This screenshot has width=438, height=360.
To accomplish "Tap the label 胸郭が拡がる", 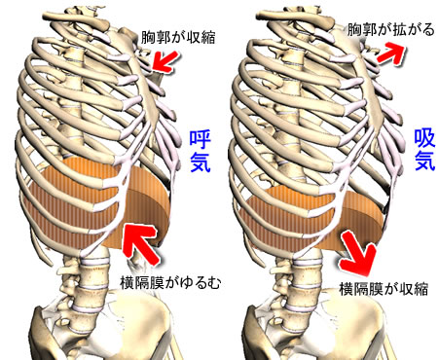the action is (x=386, y=33).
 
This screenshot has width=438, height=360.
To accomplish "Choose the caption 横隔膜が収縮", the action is (x=385, y=289).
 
